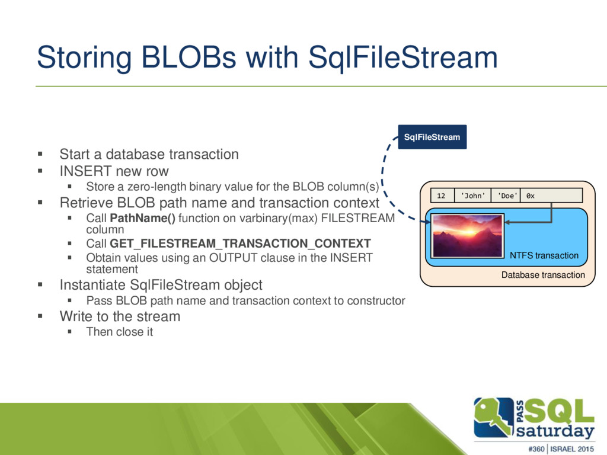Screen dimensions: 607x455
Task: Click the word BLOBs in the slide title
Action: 188,57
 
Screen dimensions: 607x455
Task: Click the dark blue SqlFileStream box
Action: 432,137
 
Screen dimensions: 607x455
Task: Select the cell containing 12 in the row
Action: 442,196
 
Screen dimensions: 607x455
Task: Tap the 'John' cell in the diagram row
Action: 472,196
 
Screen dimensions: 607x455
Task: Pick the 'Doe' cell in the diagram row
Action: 506,196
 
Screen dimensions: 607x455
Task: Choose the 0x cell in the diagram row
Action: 552,196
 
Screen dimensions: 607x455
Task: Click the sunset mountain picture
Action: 468,236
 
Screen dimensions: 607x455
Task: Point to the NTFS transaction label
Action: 544,255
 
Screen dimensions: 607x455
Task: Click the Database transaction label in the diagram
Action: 543,275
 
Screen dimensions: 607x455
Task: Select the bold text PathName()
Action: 142,218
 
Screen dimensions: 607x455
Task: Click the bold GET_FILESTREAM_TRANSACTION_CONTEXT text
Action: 241,243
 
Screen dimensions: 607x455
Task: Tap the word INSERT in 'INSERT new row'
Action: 85,171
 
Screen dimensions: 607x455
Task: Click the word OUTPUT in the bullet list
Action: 233,257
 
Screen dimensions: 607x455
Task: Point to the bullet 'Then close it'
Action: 120,332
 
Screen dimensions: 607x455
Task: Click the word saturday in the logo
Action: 555,431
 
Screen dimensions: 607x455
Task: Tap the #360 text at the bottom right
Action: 536,449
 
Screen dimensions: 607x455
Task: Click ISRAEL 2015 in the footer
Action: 572,449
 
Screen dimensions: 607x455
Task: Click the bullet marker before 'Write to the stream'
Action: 40,316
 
